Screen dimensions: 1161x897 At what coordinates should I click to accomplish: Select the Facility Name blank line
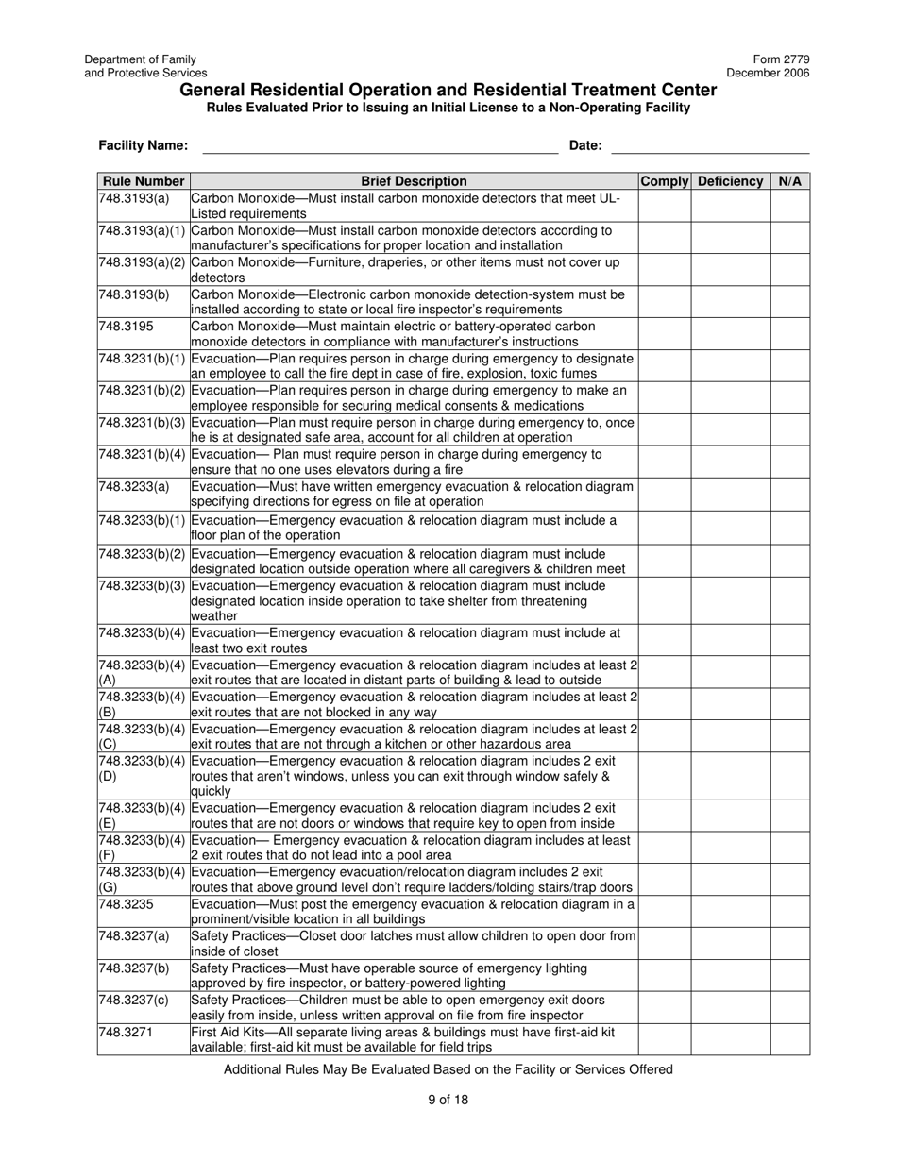click(x=380, y=146)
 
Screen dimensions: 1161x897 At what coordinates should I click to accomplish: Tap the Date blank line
click(x=710, y=146)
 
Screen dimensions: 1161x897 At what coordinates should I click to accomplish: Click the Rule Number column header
click(x=144, y=181)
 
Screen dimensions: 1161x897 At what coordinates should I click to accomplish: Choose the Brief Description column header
click(x=414, y=181)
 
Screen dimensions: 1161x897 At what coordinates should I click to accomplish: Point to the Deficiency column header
click(x=730, y=181)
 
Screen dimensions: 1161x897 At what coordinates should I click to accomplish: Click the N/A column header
click(x=789, y=181)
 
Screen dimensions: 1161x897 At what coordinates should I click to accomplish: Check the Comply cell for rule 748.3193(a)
click(x=665, y=206)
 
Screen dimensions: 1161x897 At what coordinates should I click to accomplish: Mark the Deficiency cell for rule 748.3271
click(x=730, y=1039)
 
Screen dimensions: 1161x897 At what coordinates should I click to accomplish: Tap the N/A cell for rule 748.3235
click(x=789, y=912)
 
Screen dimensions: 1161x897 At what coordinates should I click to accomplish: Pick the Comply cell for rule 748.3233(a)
click(x=665, y=494)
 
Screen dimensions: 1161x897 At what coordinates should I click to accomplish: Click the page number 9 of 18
click(x=448, y=1099)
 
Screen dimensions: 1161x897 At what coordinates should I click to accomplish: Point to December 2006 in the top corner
click(x=768, y=73)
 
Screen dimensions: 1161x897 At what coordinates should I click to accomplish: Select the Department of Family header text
click(x=140, y=59)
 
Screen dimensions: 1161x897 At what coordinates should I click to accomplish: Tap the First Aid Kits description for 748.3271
click(x=402, y=1039)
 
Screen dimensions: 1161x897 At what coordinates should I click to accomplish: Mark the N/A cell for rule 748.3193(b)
click(x=789, y=301)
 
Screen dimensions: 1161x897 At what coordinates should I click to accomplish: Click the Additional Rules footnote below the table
click(x=448, y=1069)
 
